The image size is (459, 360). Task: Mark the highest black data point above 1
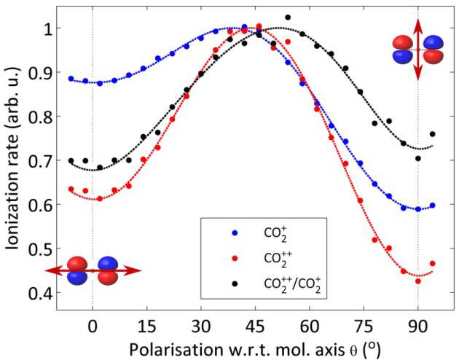coord(288,17)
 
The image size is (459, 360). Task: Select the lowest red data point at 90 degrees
coord(418,281)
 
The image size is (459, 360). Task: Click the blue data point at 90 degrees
coord(418,209)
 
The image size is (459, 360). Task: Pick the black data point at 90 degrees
coord(418,158)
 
